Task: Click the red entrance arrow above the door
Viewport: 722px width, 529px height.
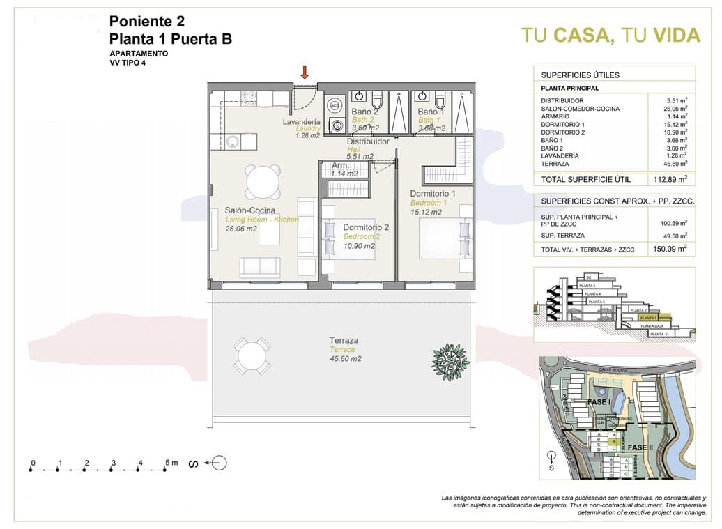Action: pos(305,71)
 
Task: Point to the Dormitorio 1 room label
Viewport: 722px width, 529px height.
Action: pos(432,193)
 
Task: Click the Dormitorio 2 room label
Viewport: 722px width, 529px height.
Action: pos(366,227)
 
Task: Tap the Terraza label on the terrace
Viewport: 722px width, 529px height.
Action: pos(344,340)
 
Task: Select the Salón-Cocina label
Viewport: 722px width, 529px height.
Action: pos(250,210)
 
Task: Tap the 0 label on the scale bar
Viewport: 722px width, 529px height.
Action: pos(33,462)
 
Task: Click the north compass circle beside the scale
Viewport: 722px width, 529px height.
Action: pos(219,463)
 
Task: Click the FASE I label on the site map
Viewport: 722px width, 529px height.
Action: pos(599,402)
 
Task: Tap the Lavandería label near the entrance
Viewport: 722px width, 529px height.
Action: pos(301,121)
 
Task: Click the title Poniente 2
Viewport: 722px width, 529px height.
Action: pos(146,21)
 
